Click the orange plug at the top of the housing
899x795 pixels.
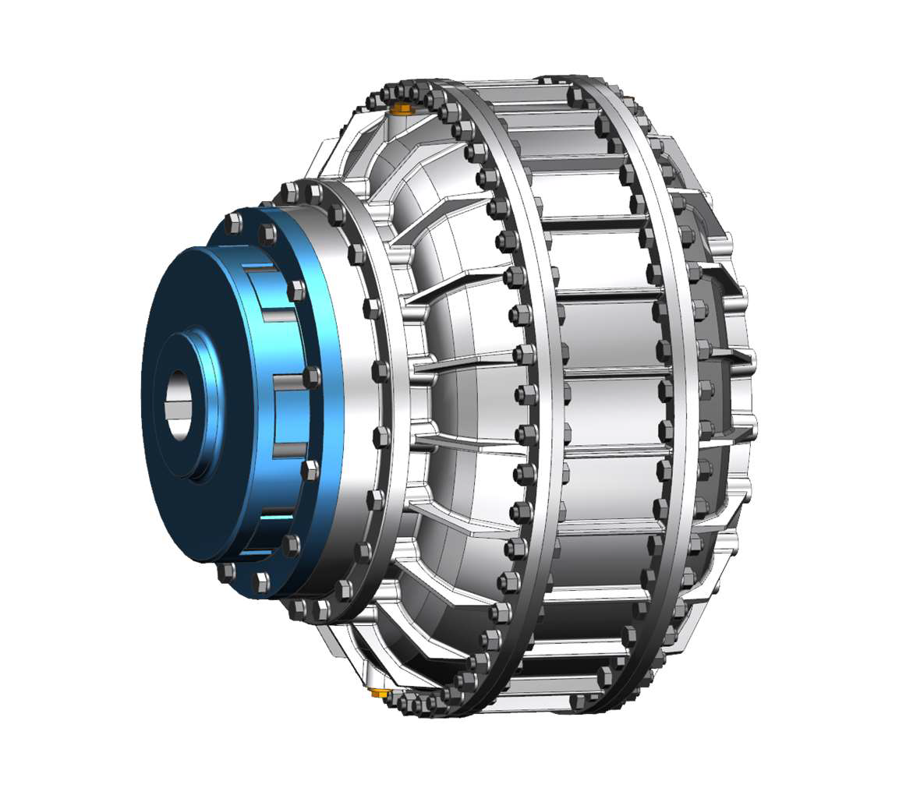pyautogui.click(x=402, y=108)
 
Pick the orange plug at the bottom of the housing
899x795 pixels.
pyautogui.click(x=379, y=692)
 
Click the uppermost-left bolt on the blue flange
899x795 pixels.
pyautogui.click(x=233, y=224)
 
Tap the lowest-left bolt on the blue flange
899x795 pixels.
pyautogui.click(x=226, y=572)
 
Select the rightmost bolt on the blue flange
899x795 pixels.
pyautogui.click(x=310, y=377)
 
